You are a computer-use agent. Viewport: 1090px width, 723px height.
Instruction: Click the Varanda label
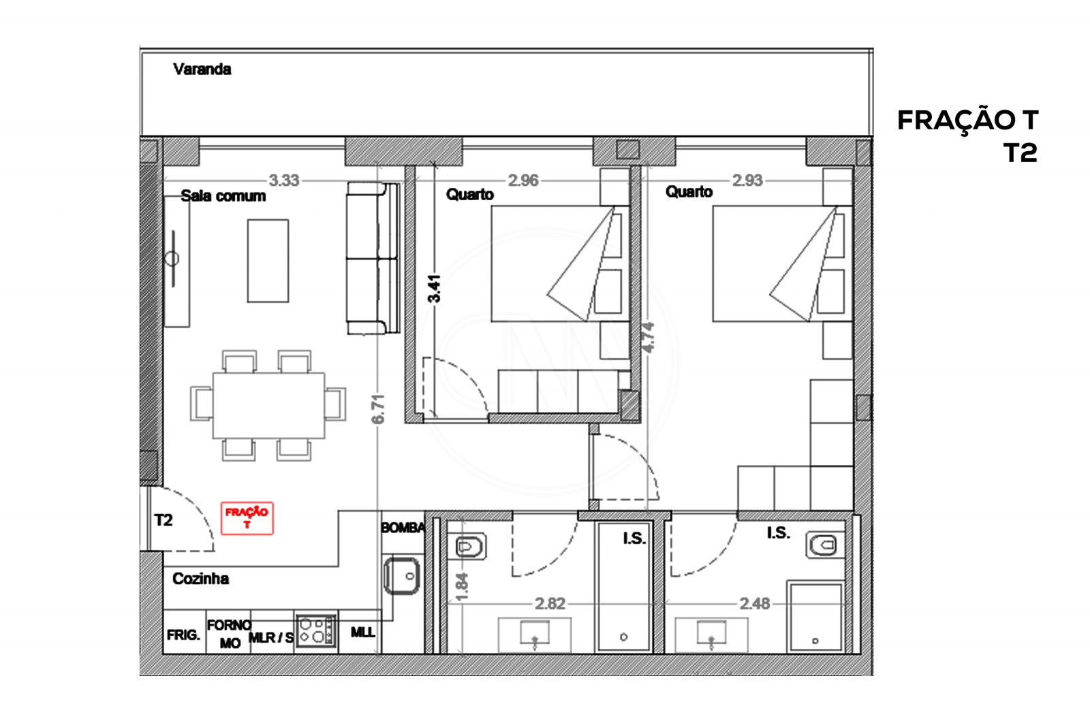202,69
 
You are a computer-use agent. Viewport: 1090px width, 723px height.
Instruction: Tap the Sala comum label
223,196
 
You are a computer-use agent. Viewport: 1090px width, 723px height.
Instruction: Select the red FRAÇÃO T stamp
247,518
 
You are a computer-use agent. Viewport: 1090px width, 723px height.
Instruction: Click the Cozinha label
200,579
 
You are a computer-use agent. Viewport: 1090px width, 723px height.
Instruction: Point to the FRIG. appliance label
183,635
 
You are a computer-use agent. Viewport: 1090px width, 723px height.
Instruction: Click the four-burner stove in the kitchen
316,630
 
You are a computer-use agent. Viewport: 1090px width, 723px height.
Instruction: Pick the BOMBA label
403,528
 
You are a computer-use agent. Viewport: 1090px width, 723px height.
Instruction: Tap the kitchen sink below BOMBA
402,575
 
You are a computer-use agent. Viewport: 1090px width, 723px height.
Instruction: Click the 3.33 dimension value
283,180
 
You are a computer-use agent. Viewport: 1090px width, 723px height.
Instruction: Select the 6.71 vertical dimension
379,408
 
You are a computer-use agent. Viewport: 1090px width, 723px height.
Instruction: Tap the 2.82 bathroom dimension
550,603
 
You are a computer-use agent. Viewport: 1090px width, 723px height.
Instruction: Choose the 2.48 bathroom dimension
755,603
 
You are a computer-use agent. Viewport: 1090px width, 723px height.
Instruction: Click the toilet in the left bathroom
469,546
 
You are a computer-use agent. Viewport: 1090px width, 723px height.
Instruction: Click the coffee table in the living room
268,260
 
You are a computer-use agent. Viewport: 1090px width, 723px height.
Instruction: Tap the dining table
268,405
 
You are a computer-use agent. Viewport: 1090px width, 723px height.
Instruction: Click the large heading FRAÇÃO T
967,120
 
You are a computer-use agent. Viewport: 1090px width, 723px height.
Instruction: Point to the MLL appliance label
362,632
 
